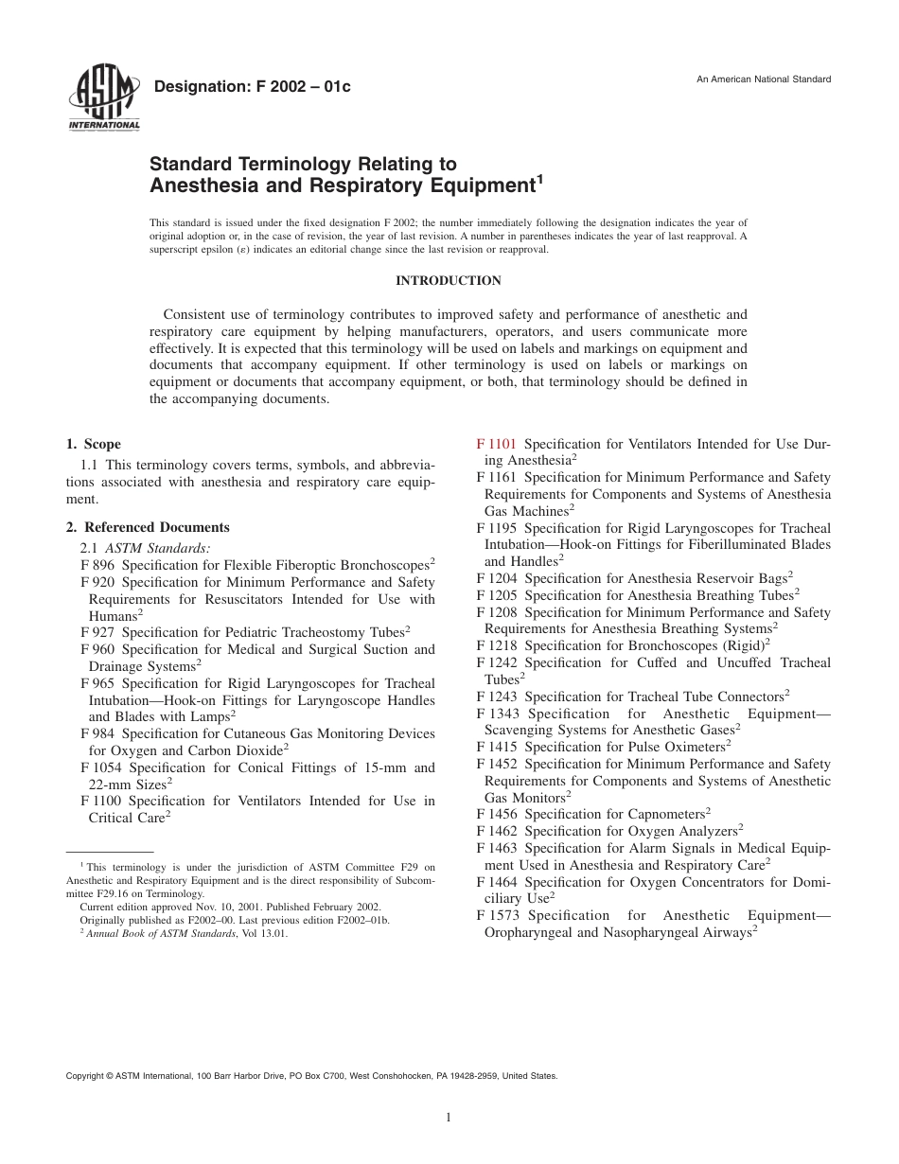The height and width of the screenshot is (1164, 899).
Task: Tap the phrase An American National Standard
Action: pyautogui.click(x=764, y=79)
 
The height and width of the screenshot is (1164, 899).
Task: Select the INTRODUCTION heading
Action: pyautogui.click(x=449, y=280)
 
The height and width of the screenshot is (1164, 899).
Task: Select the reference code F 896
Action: pyautogui.click(x=97, y=565)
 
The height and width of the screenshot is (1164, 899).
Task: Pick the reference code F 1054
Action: pyautogui.click(x=102, y=767)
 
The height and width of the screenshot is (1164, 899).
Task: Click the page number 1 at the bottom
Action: pyautogui.click(x=449, y=1117)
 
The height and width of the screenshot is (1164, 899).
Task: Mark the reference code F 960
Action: pyautogui.click(x=97, y=649)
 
